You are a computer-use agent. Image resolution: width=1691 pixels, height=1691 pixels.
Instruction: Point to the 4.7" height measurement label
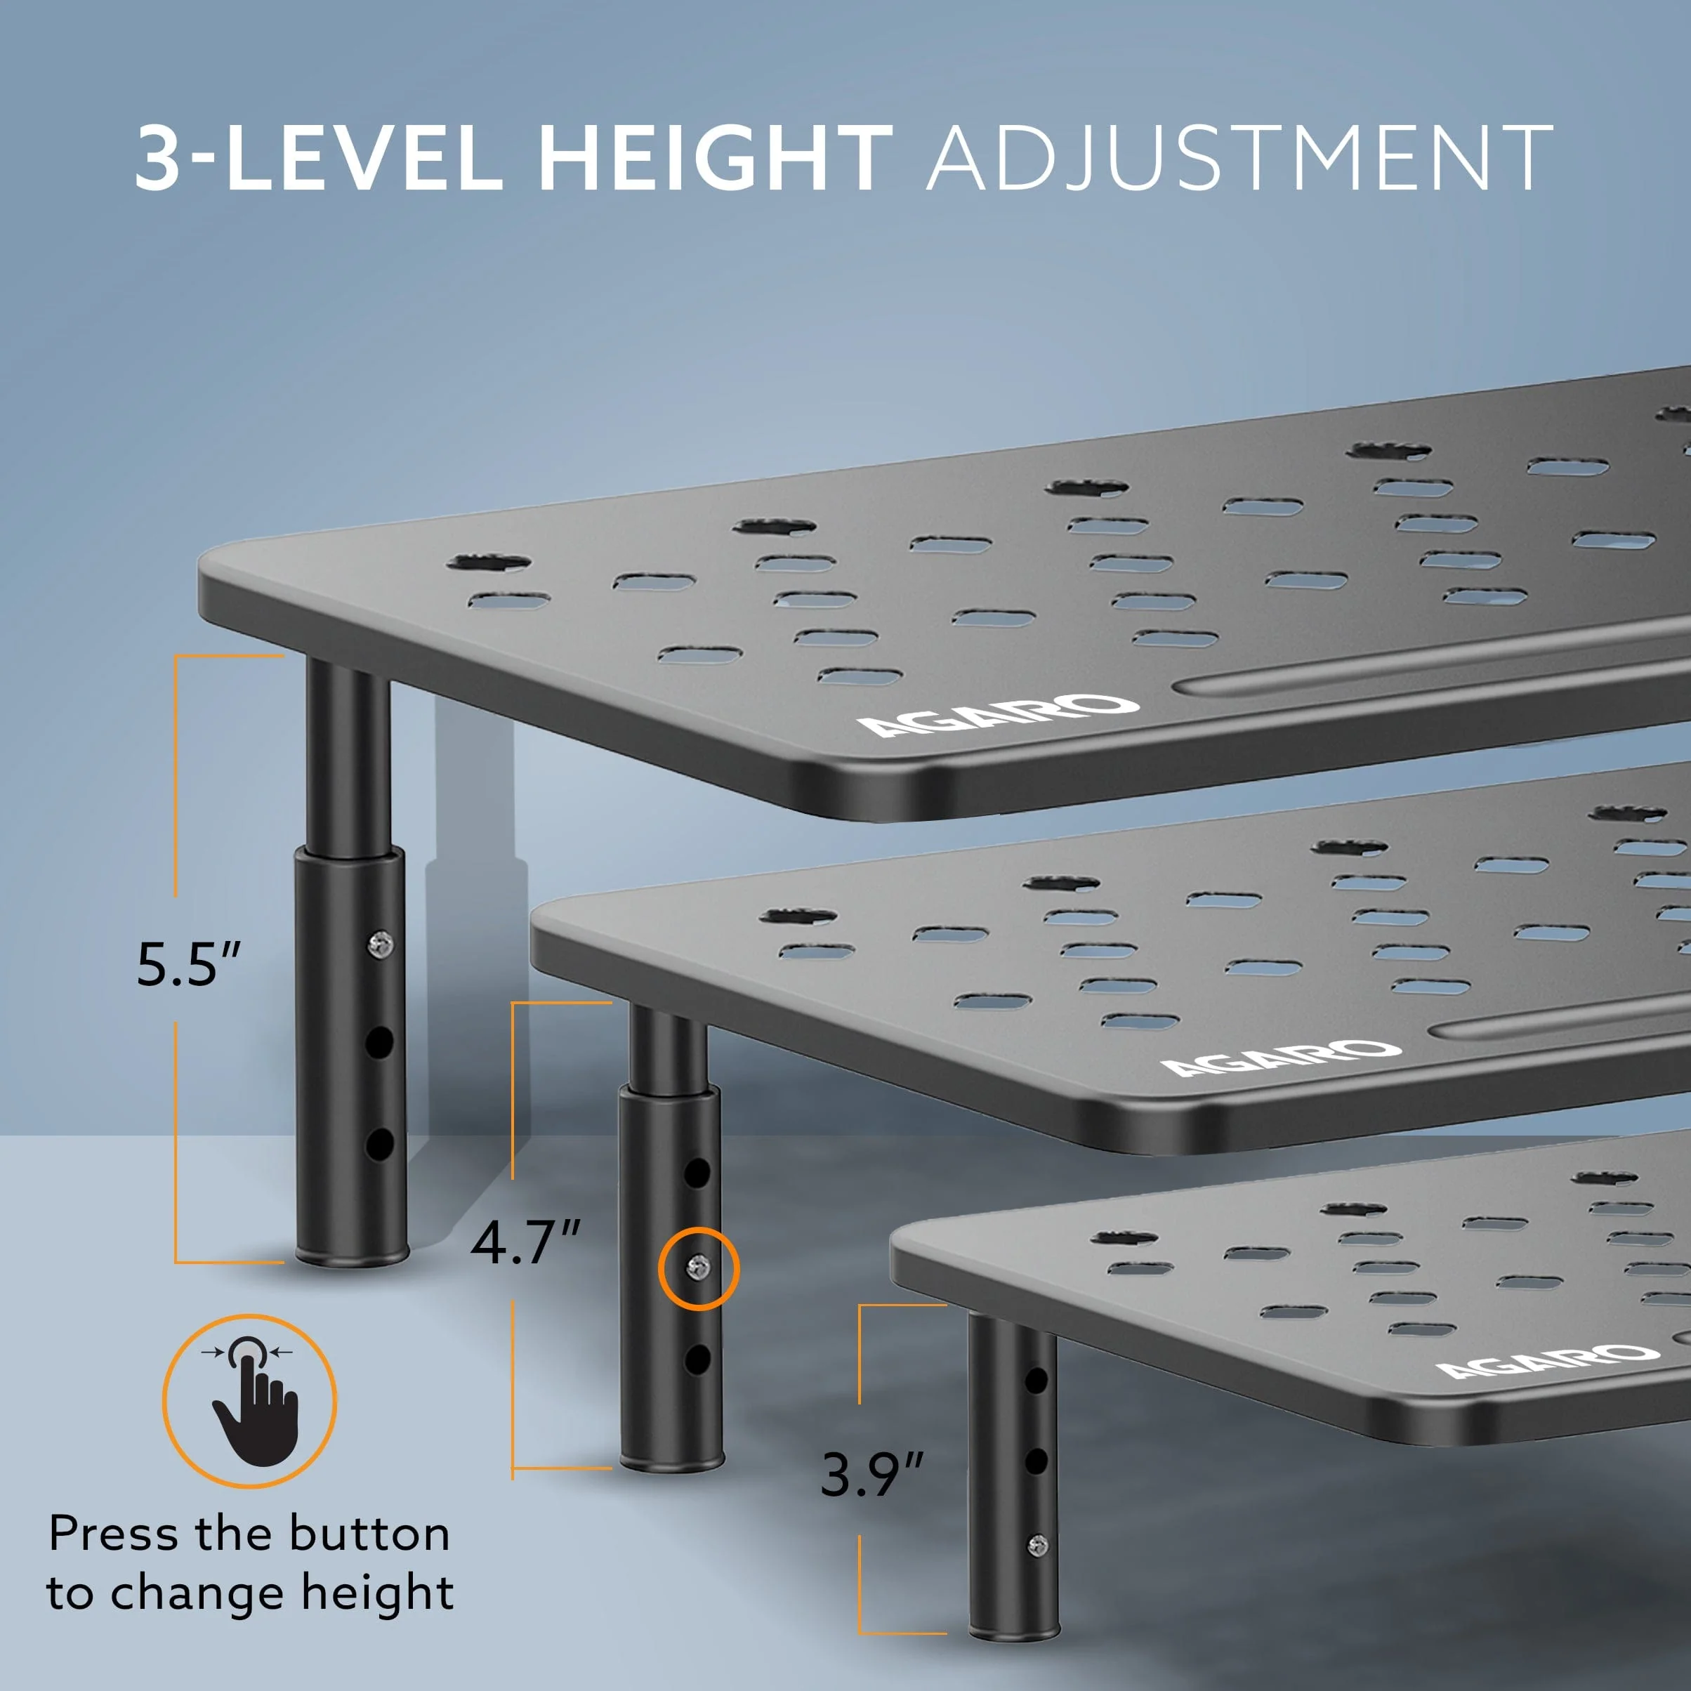pos(525,1240)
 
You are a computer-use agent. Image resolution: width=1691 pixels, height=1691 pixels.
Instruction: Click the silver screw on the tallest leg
pos(380,942)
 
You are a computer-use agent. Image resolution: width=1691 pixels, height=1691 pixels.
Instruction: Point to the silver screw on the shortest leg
pos(1037,1570)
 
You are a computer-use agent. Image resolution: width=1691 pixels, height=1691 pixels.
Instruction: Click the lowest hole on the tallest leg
pos(379,1144)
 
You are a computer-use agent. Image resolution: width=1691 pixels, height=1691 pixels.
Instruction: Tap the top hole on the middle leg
pos(697,1172)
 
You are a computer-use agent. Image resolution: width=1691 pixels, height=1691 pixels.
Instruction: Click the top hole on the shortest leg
pos(1037,1381)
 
